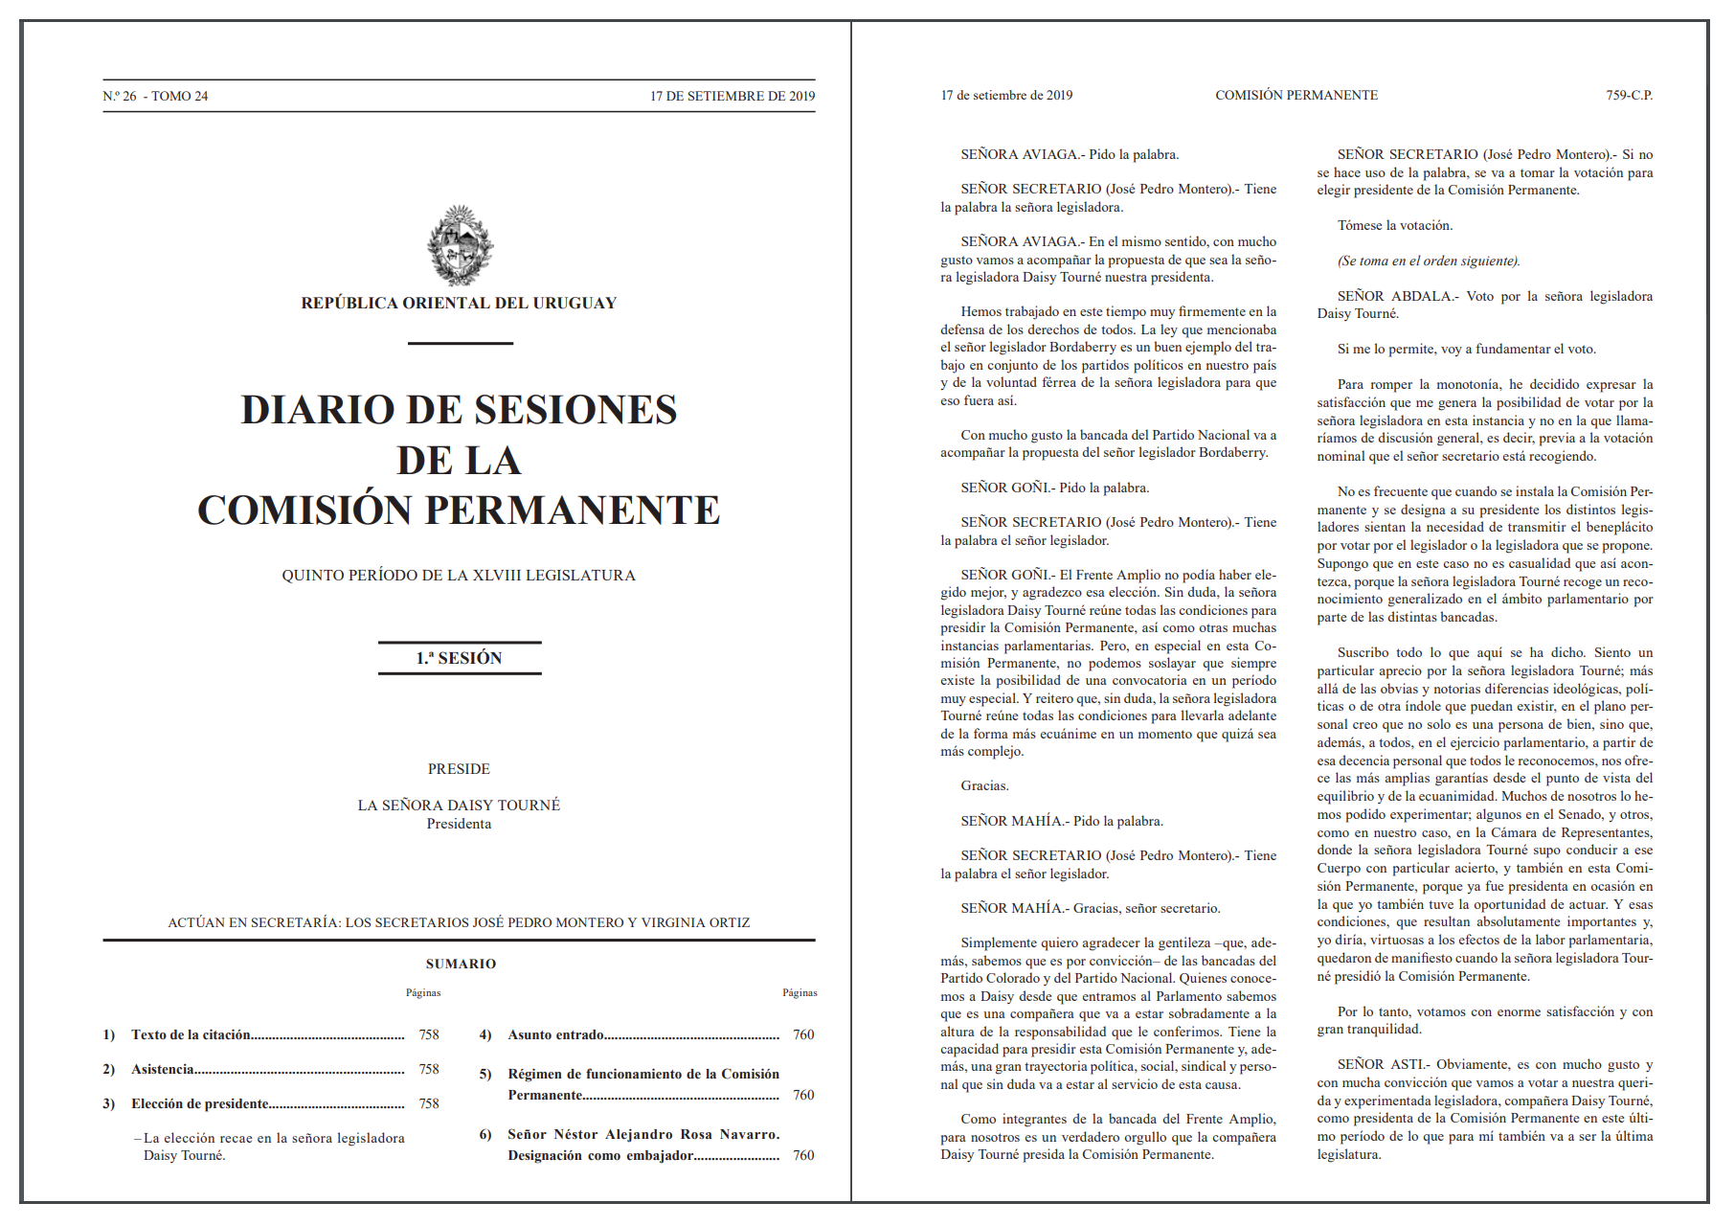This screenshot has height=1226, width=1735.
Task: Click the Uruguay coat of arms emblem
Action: tap(460, 246)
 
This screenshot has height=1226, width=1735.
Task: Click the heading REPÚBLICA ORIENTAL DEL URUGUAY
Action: tap(459, 304)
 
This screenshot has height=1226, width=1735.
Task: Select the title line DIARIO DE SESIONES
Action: tap(459, 410)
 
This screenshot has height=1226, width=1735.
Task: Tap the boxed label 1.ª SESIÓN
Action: tap(460, 658)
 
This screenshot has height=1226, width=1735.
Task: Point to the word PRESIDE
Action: tap(459, 769)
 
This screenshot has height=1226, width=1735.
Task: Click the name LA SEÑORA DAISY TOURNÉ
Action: tap(459, 806)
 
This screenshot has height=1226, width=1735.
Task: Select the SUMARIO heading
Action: tap(461, 965)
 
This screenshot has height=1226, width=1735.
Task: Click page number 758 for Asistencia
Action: tap(429, 1070)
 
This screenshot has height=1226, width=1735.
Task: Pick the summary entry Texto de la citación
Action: tap(191, 1035)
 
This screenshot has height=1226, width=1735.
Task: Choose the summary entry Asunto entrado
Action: tap(555, 1035)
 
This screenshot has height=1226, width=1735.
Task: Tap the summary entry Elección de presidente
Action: tap(199, 1104)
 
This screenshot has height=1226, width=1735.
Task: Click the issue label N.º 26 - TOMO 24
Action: tap(155, 97)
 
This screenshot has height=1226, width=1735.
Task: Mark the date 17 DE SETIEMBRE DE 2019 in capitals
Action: tap(732, 97)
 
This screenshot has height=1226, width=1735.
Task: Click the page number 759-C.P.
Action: tap(1629, 96)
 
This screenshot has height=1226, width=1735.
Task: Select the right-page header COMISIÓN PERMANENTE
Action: tap(1296, 96)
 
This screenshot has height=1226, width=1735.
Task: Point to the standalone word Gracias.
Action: tap(984, 786)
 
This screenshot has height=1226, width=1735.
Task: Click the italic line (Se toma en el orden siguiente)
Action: tap(1429, 261)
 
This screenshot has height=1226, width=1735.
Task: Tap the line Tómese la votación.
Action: tap(1395, 226)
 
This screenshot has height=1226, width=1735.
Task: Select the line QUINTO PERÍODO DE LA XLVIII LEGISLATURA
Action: tap(459, 576)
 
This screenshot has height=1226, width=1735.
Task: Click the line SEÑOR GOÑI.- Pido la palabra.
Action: tap(1054, 488)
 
